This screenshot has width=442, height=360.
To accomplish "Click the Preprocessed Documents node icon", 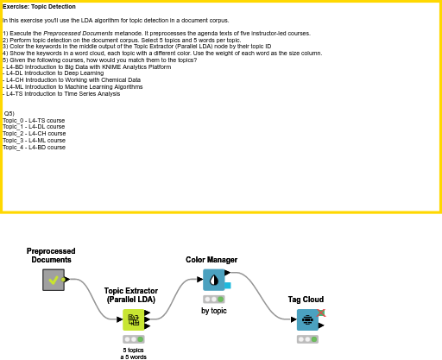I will (x=54, y=280).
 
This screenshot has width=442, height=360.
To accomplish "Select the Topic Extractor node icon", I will (x=134, y=320).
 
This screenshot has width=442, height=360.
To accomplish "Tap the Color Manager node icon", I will (x=213, y=280).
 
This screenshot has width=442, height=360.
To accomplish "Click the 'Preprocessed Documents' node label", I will (x=51, y=255).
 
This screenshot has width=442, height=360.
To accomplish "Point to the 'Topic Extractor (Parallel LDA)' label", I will (x=131, y=295).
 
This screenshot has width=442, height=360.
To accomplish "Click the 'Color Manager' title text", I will (x=212, y=259).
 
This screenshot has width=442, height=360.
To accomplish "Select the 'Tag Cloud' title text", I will (x=306, y=300).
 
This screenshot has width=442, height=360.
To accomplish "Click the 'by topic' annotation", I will (x=213, y=310).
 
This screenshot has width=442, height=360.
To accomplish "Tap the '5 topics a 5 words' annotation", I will (x=134, y=353).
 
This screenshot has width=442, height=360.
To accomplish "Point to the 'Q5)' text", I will (x=9, y=114).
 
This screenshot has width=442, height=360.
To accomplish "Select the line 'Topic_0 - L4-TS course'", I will (x=34, y=121).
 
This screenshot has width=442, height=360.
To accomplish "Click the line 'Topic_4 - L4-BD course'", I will (x=34, y=148).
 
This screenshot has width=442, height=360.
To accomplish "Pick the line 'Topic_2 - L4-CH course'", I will (x=34, y=134).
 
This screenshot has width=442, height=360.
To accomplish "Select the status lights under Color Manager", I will (x=213, y=299).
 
